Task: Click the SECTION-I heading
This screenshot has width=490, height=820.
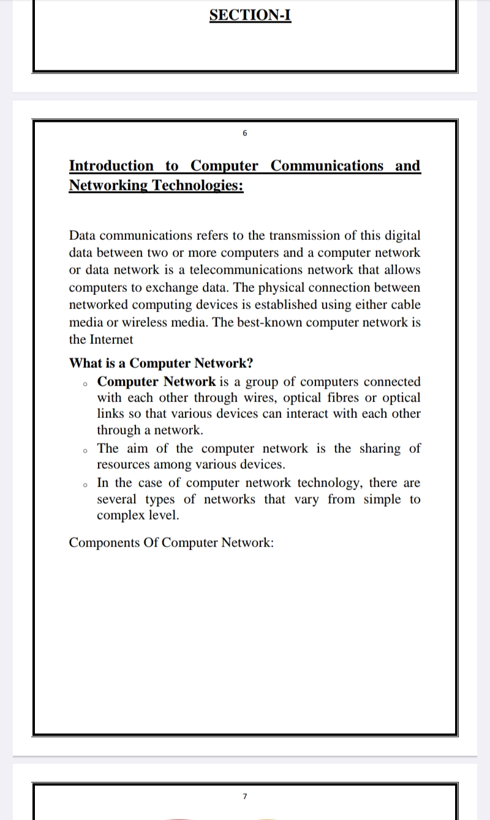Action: click(x=250, y=15)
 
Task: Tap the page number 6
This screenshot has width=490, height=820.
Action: click(x=244, y=133)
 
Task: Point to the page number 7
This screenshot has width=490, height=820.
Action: click(x=244, y=796)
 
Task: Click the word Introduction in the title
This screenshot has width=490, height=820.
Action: click(x=111, y=166)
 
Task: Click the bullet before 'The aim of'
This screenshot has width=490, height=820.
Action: click(x=85, y=451)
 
